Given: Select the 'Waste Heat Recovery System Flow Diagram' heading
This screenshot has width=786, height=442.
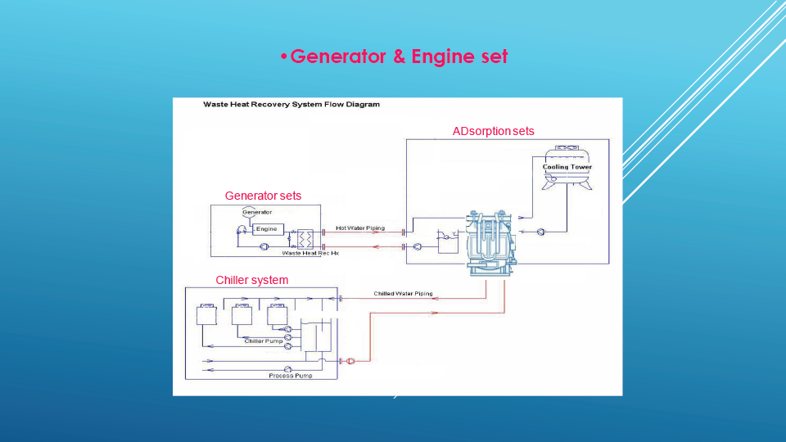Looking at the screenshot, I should (291, 105).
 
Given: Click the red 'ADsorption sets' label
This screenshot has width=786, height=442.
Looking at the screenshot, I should (493, 131).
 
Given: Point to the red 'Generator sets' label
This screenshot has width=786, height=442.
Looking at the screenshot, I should (263, 196).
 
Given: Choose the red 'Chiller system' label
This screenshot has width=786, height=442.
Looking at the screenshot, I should (252, 280).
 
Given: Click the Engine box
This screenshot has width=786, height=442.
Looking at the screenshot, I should (267, 229).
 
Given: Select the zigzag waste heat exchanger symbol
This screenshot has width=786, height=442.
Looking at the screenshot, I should (307, 239).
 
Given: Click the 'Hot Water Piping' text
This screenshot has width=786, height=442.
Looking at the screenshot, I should (360, 228).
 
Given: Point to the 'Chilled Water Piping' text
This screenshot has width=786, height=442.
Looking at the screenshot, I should (403, 293).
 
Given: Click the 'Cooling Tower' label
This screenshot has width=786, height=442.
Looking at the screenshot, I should (567, 167).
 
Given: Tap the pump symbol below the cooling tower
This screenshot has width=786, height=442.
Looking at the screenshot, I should (541, 232).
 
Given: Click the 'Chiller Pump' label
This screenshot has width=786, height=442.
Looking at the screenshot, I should (264, 341).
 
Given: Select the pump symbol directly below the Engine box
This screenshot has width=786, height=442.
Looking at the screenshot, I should (264, 246).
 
